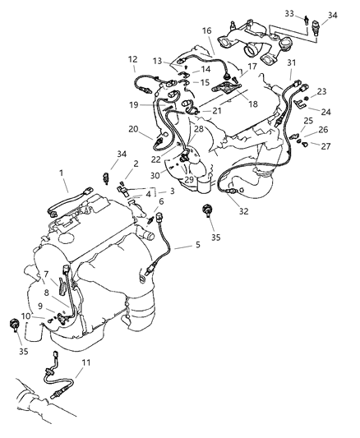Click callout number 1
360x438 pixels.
click(61, 173)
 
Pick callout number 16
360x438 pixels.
click(205, 30)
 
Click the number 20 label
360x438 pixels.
click(133, 128)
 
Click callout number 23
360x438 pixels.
click(321, 91)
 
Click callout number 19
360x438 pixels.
click(133, 105)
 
